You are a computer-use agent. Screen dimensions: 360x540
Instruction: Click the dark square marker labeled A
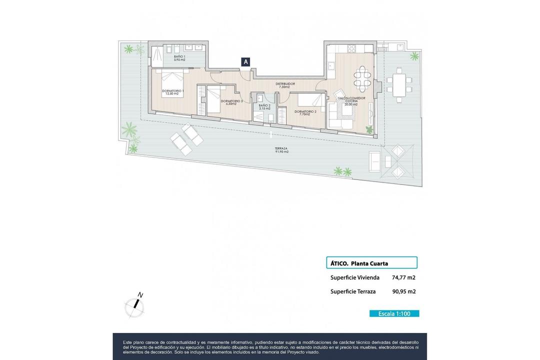[246, 62]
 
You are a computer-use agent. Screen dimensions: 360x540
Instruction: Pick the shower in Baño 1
[156, 52]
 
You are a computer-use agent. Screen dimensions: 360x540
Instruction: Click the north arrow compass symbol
[135, 305]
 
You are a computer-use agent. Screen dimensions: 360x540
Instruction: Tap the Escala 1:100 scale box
[394, 313]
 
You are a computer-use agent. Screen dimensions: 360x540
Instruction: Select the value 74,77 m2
[404, 277]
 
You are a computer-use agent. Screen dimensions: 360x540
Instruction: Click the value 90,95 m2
[404, 291]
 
